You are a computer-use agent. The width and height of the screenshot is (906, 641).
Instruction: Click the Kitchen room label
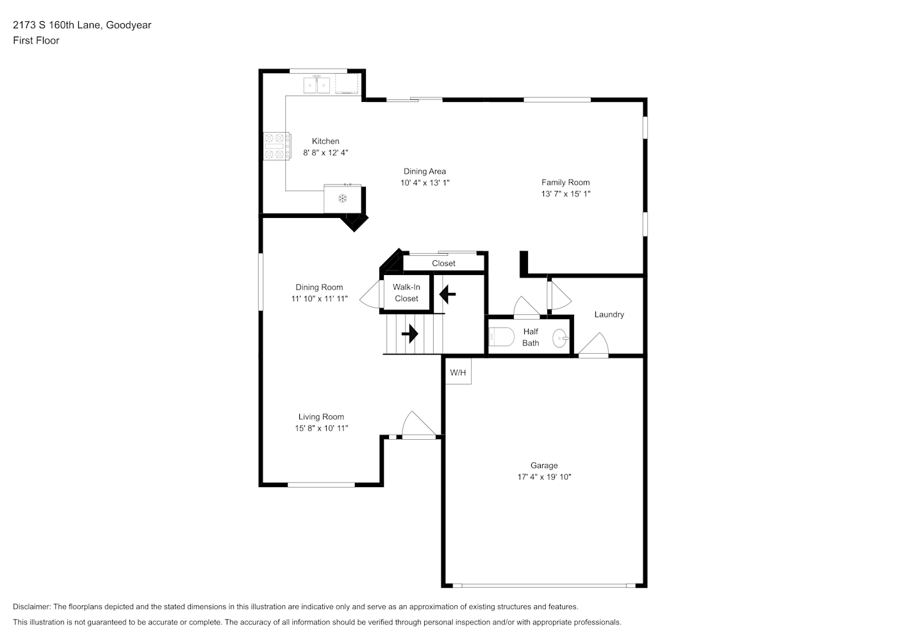325,141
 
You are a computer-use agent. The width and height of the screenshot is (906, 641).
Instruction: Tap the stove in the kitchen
277,146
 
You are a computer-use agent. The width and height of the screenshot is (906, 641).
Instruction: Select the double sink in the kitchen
317,85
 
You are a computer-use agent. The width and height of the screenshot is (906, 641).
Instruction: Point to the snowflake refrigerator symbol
343,198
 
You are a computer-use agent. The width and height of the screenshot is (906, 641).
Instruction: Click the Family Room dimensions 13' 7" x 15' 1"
565,194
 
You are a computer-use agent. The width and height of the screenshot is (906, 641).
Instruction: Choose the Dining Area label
425,171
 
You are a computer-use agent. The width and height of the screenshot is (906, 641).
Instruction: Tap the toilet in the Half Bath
501,337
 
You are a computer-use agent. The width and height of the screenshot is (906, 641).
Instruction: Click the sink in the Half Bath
561,338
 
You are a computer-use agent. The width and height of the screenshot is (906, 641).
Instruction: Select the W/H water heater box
458,372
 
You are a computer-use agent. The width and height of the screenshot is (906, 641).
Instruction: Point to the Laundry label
609,315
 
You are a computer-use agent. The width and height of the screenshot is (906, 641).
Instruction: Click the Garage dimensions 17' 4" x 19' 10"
544,477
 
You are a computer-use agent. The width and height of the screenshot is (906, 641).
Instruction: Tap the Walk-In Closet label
406,292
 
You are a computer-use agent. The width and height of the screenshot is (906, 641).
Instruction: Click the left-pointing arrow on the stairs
447,294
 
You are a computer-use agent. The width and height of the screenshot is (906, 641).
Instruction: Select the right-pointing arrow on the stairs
409,334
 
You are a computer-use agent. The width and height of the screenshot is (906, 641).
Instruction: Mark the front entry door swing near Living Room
419,425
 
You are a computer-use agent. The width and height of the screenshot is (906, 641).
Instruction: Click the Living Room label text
321,417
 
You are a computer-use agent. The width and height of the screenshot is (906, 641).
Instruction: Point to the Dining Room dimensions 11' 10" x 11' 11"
319,299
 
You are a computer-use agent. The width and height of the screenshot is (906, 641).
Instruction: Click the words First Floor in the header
36,40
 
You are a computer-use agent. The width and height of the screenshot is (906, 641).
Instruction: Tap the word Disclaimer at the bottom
31,606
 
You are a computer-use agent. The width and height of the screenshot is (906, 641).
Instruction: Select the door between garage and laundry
593,345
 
